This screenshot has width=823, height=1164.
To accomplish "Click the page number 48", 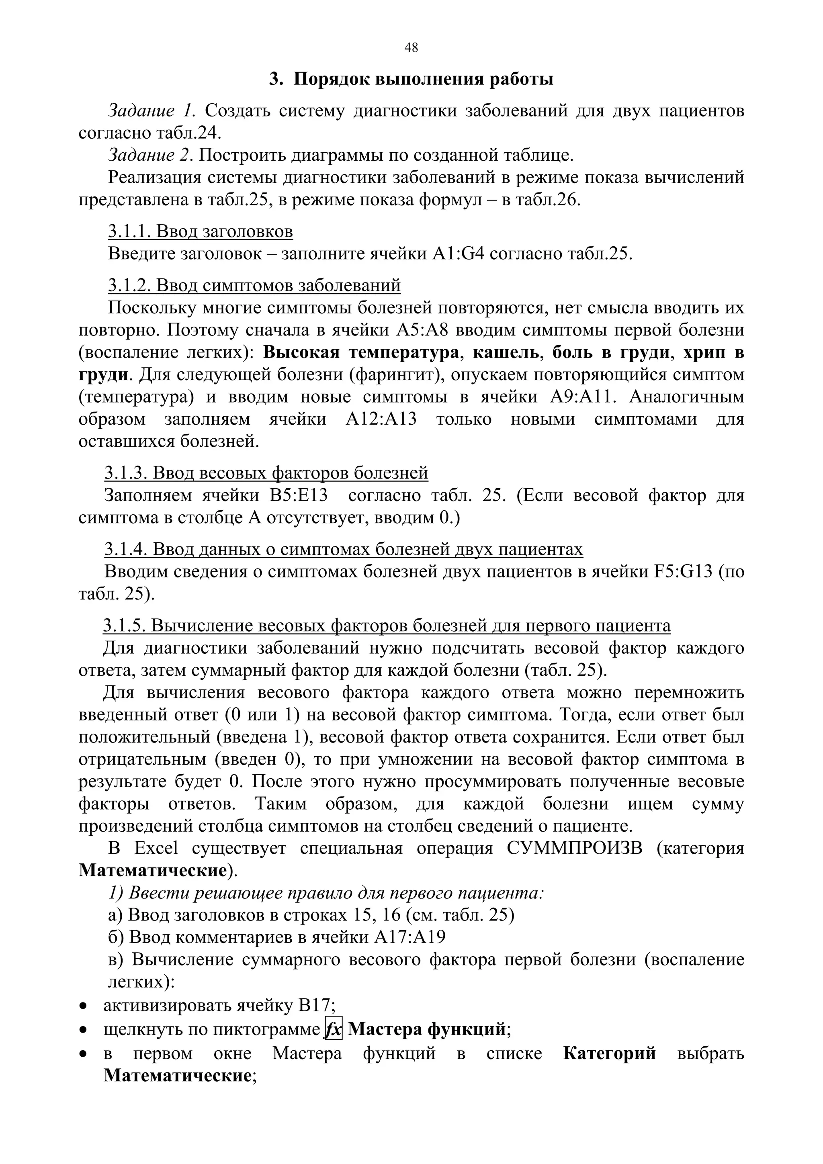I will pos(411,48).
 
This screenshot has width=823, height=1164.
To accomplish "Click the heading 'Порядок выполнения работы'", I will pos(424,80).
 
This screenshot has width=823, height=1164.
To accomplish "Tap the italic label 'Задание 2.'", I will pos(151,155).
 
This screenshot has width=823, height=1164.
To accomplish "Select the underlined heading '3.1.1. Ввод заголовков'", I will pos(200,232).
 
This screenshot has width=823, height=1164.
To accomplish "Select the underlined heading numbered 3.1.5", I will pos(387,626).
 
